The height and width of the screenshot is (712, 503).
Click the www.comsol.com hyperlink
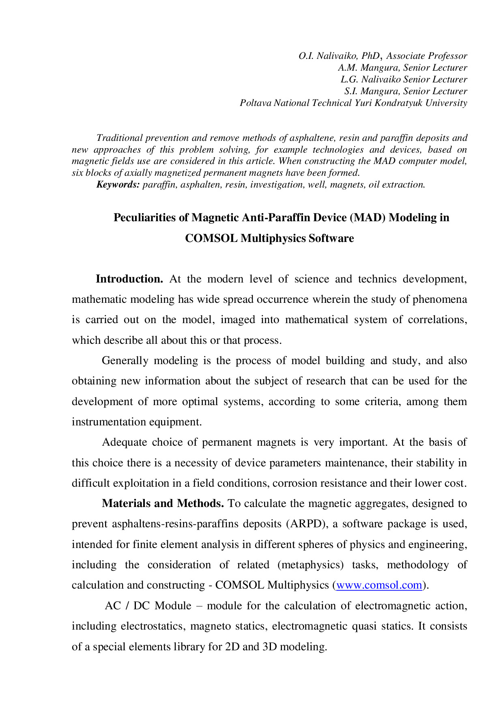(379, 585)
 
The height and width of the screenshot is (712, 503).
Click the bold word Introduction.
(129, 279)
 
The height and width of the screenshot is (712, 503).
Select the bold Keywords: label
(118, 185)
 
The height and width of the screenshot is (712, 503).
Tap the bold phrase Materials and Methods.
(163, 503)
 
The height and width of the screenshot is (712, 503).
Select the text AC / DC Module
(148, 606)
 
